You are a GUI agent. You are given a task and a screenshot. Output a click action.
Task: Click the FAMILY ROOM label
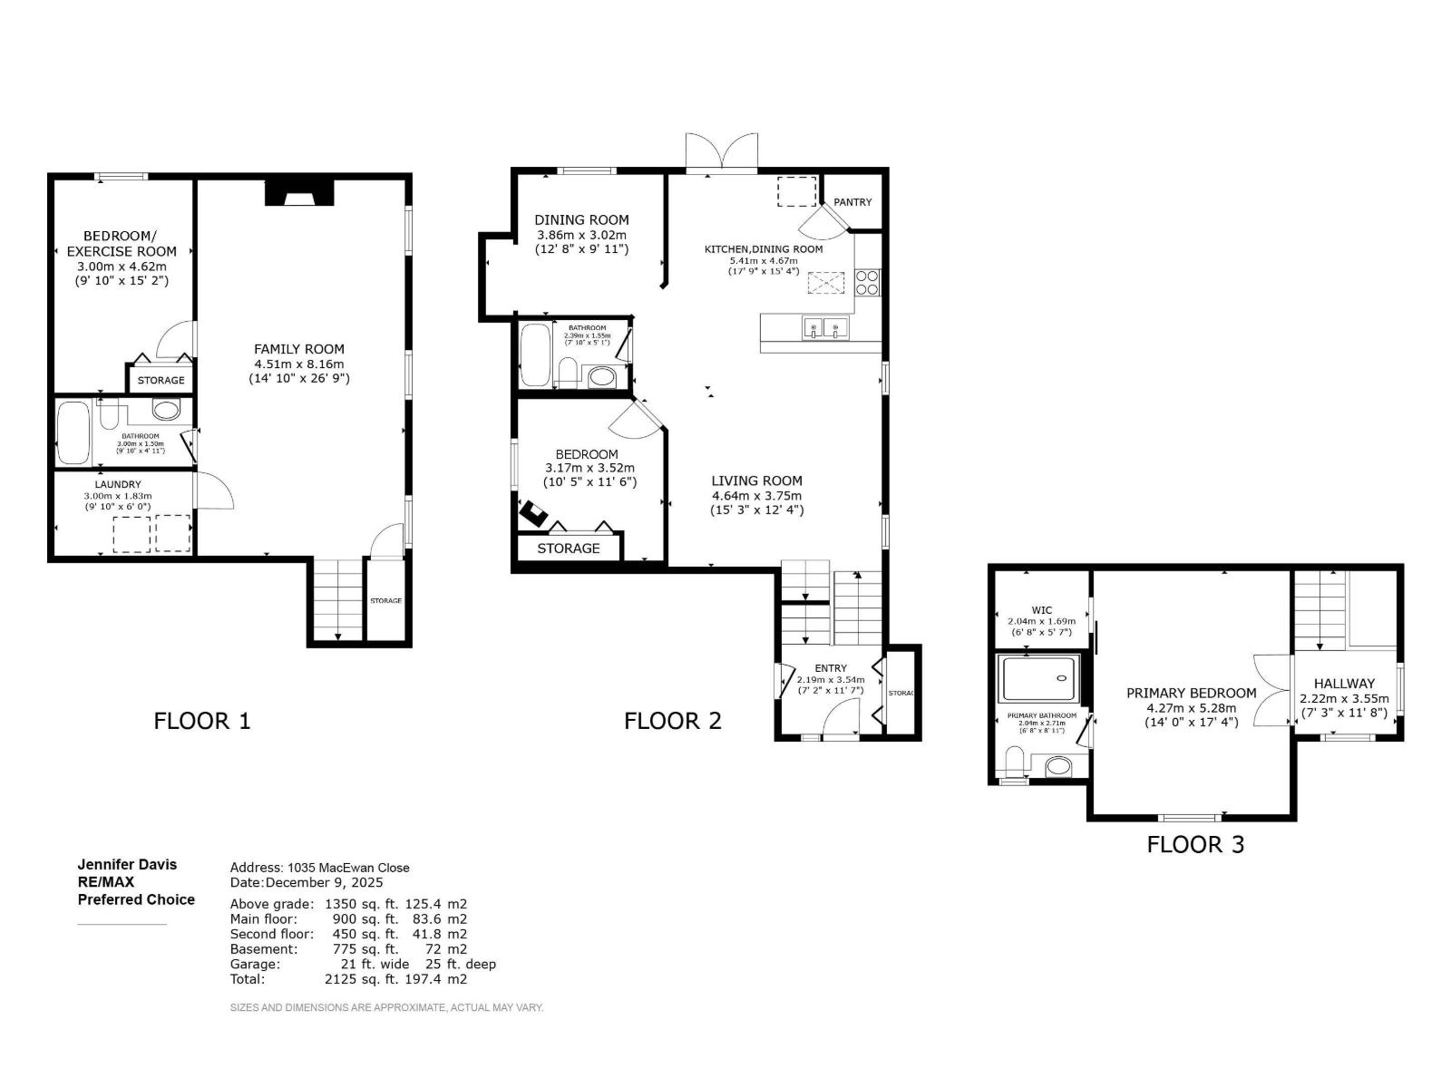tap(298, 349)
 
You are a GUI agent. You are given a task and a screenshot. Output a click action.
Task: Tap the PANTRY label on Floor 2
tap(852, 202)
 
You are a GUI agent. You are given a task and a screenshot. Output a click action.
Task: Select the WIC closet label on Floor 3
tap(1041, 610)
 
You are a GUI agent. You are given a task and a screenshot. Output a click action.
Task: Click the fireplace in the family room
tap(299, 193)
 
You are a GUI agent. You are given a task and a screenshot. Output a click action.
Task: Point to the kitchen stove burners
tap(866, 282)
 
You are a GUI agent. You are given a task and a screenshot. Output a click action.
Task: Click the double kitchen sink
tap(824, 327)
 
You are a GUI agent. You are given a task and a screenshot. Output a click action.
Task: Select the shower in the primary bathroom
tap(1037, 679)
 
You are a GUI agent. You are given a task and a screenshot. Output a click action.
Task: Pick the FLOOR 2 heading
tap(672, 721)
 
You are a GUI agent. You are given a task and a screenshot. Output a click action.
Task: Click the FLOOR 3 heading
tap(1195, 845)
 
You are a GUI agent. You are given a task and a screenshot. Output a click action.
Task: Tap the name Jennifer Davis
tap(127, 865)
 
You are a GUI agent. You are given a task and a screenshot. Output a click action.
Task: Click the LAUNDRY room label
tap(118, 485)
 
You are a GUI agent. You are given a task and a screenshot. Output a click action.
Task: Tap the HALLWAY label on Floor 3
tap(1344, 684)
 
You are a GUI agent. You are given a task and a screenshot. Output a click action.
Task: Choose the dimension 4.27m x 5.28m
tap(1191, 708)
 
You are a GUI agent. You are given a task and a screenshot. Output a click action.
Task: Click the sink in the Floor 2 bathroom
tap(601, 376)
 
